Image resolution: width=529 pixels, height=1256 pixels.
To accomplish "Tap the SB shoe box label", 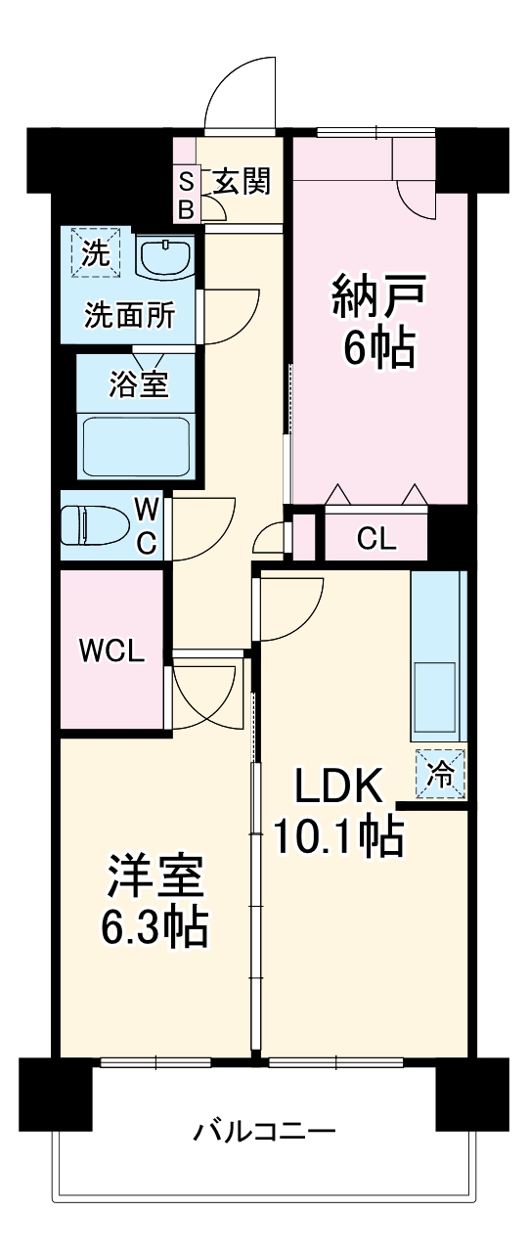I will (x=186, y=194).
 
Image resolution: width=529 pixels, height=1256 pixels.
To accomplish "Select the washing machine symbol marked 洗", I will (x=96, y=254).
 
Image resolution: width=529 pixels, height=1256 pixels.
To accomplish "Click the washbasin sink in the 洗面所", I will (x=165, y=259).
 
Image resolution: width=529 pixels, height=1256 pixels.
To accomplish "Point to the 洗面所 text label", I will (x=130, y=315).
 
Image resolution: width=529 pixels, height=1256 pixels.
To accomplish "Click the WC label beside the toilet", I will (x=145, y=526).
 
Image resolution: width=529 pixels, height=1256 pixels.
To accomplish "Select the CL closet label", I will (x=376, y=538).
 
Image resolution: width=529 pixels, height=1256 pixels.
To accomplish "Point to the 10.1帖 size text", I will (x=337, y=836).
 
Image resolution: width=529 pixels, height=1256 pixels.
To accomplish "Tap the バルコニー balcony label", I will (x=264, y=1133).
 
